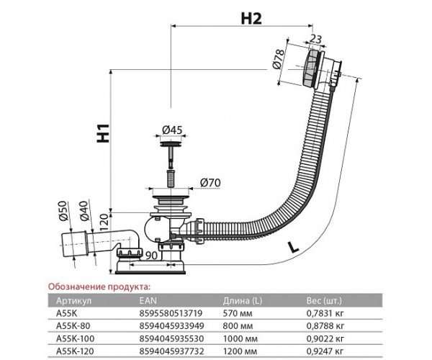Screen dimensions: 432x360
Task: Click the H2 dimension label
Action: [x=251, y=19]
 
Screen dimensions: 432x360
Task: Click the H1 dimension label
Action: [x=103, y=133]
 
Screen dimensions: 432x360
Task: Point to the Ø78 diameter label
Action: [x=278, y=58]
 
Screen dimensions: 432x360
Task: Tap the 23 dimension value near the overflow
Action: [x=316, y=39]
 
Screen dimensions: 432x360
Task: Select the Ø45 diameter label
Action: [x=172, y=130]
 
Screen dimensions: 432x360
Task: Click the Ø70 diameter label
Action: [x=210, y=183]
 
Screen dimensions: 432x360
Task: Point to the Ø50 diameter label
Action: [x=63, y=211]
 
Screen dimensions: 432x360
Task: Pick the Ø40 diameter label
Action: [x=84, y=211]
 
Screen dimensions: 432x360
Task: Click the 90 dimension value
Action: [x=151, y=256]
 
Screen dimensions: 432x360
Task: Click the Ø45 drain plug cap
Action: [x=171, y=143]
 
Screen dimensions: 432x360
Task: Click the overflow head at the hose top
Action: [x=322, y=68]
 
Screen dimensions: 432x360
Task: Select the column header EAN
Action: [x=148, y=300]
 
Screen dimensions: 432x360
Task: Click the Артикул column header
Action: [x=73, y=301]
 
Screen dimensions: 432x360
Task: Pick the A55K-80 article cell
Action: [x=73, y=326]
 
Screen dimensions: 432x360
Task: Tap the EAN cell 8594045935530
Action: [x=171, y=338]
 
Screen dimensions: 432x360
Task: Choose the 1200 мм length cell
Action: [x=240, y=351]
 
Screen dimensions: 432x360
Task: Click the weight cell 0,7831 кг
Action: [x=325, y=313]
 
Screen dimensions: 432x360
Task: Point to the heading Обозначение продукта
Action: [x=99, y=287]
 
